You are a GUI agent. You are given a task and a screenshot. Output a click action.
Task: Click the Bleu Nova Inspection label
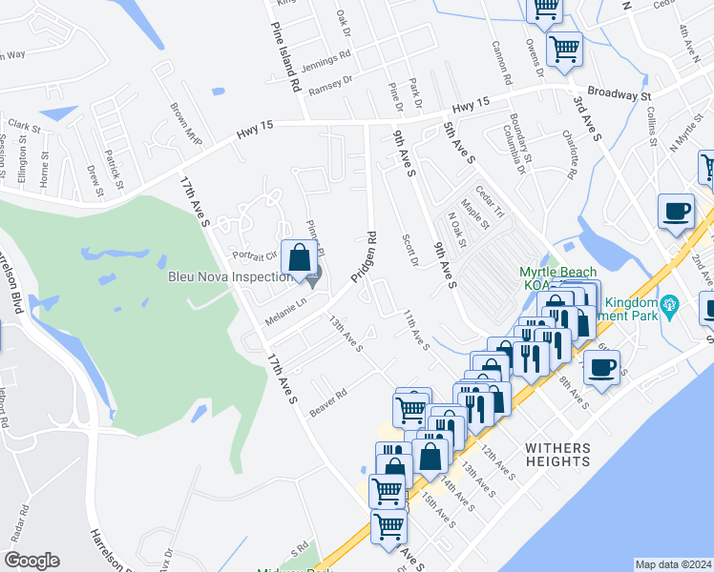coord(229,277)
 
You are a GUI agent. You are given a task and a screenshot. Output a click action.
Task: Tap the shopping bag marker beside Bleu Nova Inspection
coord(300,257)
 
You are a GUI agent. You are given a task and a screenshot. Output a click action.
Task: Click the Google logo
coord(31,561)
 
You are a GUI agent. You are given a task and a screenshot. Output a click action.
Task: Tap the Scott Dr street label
coord(410,251)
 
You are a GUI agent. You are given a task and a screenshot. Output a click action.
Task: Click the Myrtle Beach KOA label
coord(557,277)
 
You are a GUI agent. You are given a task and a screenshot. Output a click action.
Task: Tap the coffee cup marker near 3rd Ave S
coord(676,211)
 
